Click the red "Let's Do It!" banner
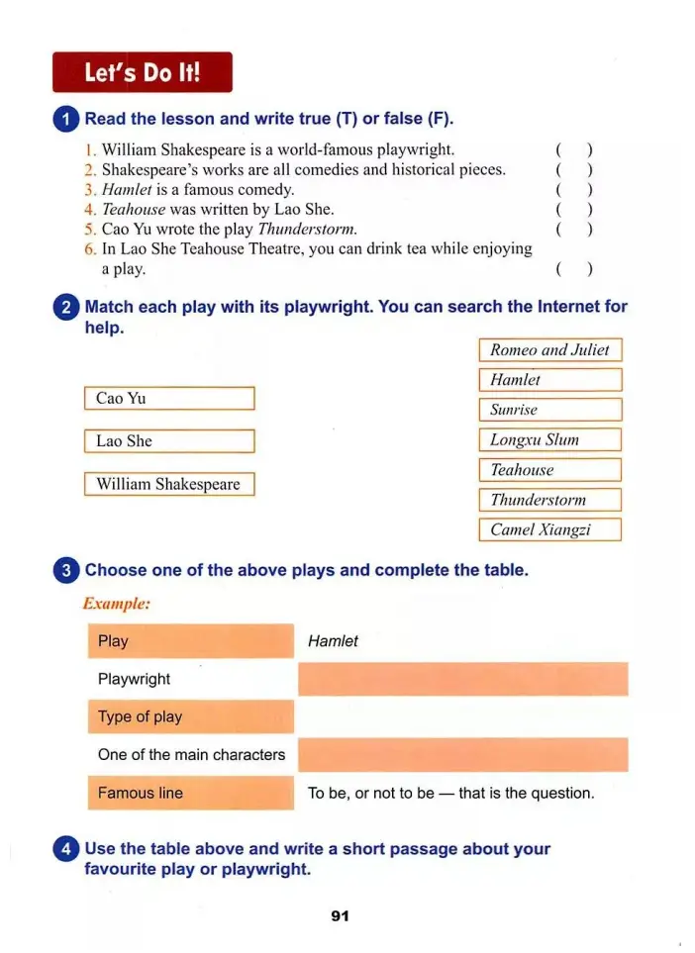click(x=143, y=72)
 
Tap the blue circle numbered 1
click(x=65, y=120)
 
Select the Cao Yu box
click(x=169, y=398)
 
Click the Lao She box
click(x=169, y=441)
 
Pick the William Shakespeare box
click(x=169, y=484)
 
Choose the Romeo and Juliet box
click(x=550, y=349)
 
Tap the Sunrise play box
click(x=550, y=410)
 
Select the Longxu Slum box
click(x=550, y=439)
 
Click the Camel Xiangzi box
click(x=550, y=529)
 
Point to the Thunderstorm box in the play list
click(x=550, y=500)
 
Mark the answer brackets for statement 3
click(x=574, y=189)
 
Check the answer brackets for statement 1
click(x=574, y=149)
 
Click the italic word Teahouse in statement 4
click(x=134, y=209)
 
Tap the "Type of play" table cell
click(x=191, y=716)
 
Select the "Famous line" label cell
click(x=191, y=793)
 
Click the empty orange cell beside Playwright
click(x=462, y=679)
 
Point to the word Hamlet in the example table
click(x=333, y=641)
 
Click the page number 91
click(x=340, y=916)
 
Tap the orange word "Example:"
click(x=116, y=603)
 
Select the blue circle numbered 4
click(x=65, y=849)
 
